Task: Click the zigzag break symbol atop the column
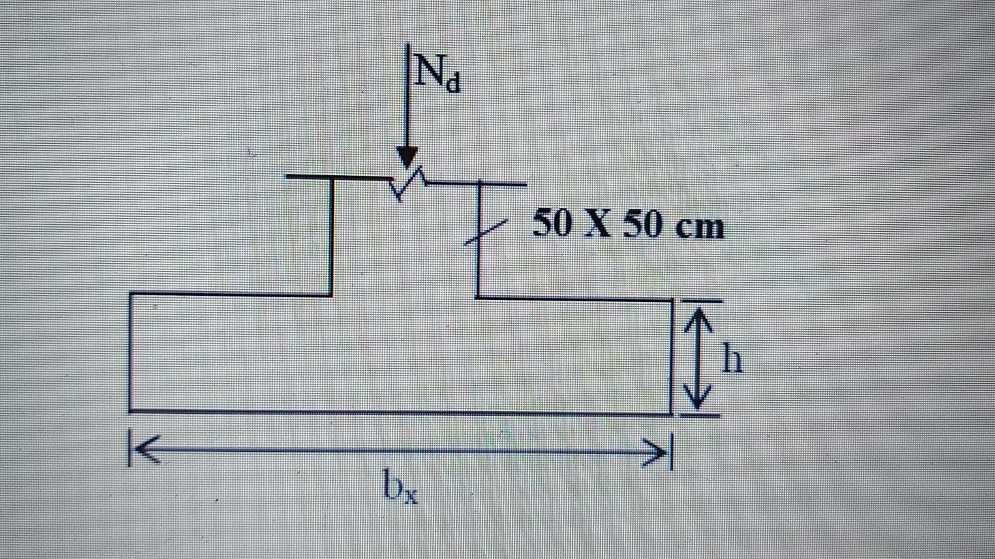tap(408, 181)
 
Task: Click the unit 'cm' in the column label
tap(699, 226)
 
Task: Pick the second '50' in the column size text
tap(643, 224)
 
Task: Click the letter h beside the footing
tap(731, 359)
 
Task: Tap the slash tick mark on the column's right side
tap(485, 231)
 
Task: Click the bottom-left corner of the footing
tap(129, 410)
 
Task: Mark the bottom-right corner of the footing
tap(671, 413)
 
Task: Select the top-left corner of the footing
tap(129, 294)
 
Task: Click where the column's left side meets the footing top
tap(332, 295)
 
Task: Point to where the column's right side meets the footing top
tap(477, 297)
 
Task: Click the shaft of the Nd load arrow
tap(407, 102)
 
